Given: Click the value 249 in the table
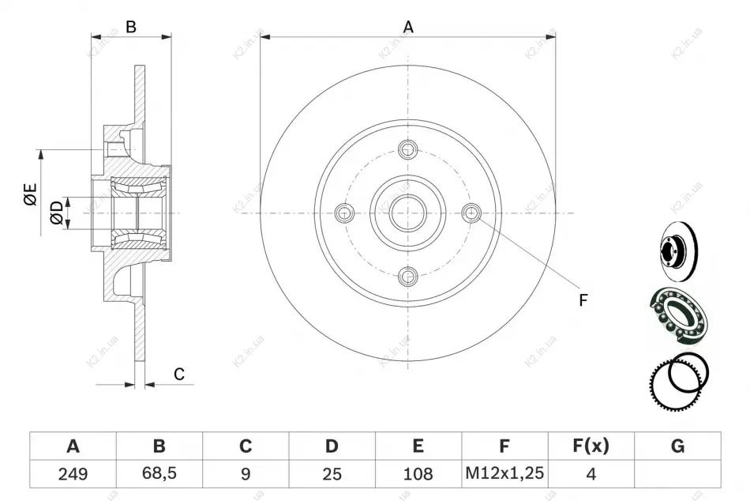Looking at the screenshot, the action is pos(73,473).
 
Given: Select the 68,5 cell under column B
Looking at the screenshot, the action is pos(159,473).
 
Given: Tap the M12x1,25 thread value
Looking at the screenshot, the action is pos(504,473).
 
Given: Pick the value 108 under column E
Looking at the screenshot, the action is pos(418,473).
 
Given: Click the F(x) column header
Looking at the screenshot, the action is pos(591,446).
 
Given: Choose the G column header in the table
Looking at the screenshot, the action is pos(677,446).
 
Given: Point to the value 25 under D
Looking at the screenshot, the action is pos(332,473).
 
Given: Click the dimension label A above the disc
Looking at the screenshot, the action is pos(408,27).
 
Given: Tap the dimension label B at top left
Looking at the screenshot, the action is pos(130,27).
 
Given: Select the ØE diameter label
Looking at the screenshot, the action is pos(30,194).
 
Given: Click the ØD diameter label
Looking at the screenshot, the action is pos(56,213).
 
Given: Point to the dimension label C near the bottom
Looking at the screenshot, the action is pos(179,374).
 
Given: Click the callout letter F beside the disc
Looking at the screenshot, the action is pos(583,300).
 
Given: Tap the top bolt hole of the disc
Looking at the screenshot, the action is pos(408,149).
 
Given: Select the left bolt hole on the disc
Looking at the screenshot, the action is pos(344,213).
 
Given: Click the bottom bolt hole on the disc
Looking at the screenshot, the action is pos(408,277).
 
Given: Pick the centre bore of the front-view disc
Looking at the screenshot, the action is pos(408,213).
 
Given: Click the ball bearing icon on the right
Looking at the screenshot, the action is pos(678,315).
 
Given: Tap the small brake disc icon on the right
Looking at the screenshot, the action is pos(678,251).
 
